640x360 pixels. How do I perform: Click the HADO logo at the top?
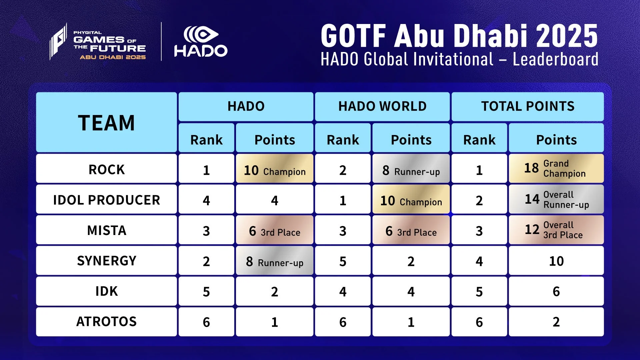point(201,42)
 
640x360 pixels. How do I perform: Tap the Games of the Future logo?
point(98,42)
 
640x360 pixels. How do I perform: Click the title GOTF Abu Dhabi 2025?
point(459,36)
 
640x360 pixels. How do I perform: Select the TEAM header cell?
point(106,122)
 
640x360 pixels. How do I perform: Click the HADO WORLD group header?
point(382,106)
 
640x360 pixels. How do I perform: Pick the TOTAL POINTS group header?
point(527,106)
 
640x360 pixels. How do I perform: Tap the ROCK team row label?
point(106,169)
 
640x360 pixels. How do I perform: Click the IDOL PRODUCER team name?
point(106,200)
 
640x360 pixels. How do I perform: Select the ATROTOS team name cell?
point(106,322)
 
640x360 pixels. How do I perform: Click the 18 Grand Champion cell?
point(556,169)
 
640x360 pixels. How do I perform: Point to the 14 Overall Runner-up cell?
point(556,199)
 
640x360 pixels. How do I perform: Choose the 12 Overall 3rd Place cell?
point(556,230)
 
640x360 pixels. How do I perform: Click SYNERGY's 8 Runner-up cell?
point(274,261)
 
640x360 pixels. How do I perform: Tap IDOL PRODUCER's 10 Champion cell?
point(411,200)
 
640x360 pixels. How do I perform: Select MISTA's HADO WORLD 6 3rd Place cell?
point(411,230)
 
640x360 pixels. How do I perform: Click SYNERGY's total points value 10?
point(556,261)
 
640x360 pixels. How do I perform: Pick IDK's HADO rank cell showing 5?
point(206,292)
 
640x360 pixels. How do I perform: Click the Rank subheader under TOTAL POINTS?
point(479,139)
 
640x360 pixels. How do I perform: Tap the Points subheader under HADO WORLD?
point(411,139)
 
